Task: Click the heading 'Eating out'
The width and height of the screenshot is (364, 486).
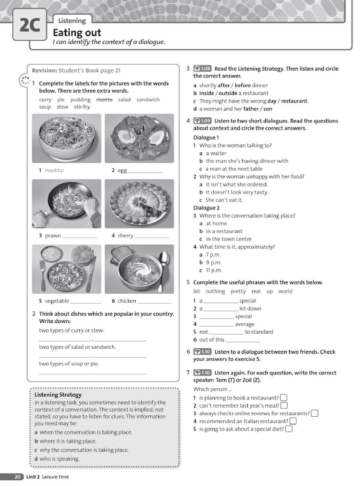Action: (x=77, y=32)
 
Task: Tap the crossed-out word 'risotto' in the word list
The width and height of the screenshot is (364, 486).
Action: (x=104, y=100)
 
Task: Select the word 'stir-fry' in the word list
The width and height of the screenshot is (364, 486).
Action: (x=82, y=107)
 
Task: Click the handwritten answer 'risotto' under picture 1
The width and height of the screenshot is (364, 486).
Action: (x=54, y=170)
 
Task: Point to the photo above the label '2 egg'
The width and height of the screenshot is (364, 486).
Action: (x=139, y=138)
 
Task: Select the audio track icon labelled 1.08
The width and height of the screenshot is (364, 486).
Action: (x=202, y=69)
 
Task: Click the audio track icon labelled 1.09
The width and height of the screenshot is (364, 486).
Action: (x=202, y=121)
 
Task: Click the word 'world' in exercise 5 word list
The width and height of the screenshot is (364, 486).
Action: (x=285, y=291)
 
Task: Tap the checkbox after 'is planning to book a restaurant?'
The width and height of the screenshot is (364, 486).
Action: (x=283, y=398)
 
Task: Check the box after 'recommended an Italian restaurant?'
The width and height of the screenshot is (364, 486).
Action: (x=293, y=421)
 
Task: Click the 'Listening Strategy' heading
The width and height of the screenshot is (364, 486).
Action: (x=58, y=394)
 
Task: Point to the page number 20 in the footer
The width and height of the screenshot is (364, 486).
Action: (x=17, y=477)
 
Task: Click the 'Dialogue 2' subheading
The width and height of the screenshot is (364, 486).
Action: (x=206, y=208)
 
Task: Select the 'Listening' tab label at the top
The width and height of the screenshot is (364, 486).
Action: (x=72, y=20)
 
